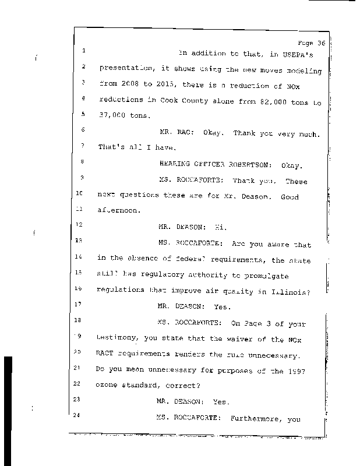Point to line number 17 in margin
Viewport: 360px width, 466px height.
click(83, 304)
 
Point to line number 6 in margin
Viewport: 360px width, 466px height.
click(83, 130)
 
